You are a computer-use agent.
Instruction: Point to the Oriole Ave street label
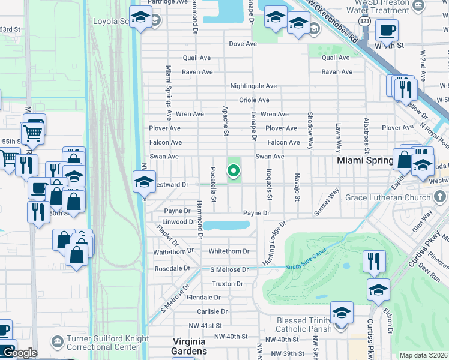[x=254, y=100]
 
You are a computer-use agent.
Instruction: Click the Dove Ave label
[x=243, y=44]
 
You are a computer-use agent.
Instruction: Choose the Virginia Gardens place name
[x=189, y=346]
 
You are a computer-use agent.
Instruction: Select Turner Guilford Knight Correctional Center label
[x=108, y=343]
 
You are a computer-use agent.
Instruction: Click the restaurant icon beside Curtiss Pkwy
[x=373, y=261]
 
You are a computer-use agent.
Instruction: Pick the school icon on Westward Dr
[x=144, y=181]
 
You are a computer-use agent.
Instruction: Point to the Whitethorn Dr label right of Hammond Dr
[x=229, y=251]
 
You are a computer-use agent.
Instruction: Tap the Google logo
[x=19, y=353]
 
